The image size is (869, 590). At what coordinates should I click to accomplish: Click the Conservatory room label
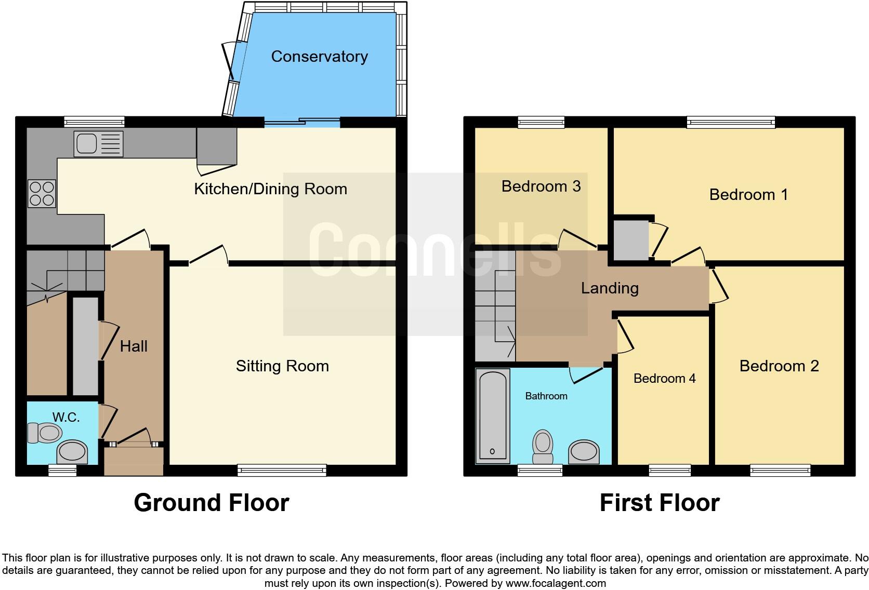[x=319, y=56]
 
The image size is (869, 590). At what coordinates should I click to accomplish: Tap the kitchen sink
[x=98, y=143]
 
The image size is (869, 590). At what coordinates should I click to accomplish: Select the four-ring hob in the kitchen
[x=42, y=193]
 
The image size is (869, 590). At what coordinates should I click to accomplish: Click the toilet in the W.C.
[x=45, y=433]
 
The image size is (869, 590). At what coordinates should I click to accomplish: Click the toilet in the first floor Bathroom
[x=543, y=447]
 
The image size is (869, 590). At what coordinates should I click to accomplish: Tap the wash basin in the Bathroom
[x=584, y=452]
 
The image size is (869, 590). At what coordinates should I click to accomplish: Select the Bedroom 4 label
[x=664, y=378]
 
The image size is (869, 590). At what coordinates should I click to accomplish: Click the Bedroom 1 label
[x=748, y=194]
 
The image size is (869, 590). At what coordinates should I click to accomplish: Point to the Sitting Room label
[x=282, y=366]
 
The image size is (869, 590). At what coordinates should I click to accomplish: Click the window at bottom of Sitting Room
[x=282, y=471]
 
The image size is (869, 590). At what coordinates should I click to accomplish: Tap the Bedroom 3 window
[x=541, y=122]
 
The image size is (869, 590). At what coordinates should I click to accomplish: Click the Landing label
[x=610, y=288]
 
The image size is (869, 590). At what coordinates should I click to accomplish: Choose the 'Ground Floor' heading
[x=211, y=503]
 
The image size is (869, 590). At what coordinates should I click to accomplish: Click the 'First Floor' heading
[x=659, y=503]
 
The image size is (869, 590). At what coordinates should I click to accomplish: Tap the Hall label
[x=134, y=346]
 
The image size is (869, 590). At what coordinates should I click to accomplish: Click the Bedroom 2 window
[x=780, y=471]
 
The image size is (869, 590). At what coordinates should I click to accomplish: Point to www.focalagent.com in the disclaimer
[x=556, y=583]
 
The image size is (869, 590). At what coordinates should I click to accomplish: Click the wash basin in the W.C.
[x=72, y=452]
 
